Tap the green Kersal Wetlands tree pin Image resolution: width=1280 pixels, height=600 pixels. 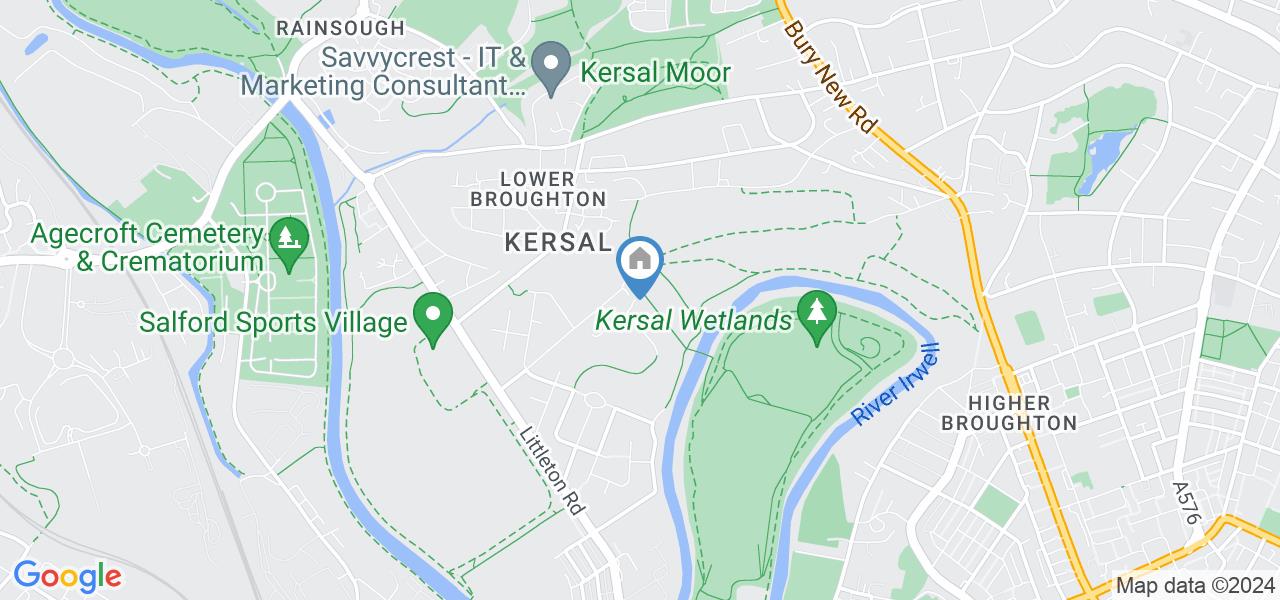[x=817, y=315]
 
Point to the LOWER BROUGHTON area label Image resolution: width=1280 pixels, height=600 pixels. [x=538, y=189]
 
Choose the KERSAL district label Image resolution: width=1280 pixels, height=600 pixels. [x=557, y=242]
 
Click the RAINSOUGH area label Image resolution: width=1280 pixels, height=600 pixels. [x=340, y=28]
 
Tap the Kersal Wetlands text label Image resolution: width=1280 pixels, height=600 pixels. [x=695, y=321]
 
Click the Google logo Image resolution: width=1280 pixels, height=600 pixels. [x=67, y=576]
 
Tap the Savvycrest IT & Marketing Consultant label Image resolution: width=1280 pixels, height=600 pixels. [x=383, y=72]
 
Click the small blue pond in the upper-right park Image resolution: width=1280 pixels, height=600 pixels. [x=1100, y=160]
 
